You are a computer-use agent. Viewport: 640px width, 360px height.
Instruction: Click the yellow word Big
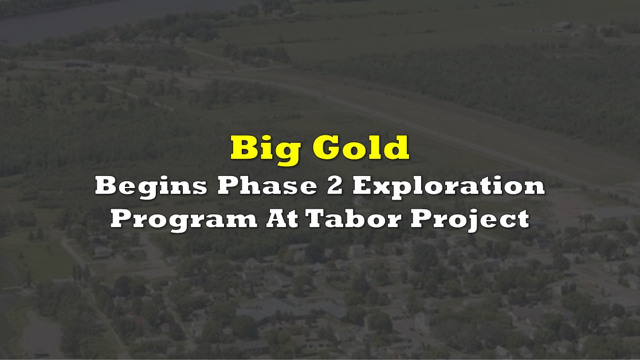[264, 150]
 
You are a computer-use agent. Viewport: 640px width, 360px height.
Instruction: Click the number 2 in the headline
[335, 186]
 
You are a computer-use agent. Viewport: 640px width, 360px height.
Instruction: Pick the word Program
[184, 220]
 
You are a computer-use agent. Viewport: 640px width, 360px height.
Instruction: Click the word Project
[470, 220]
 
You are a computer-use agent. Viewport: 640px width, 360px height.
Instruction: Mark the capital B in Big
[244, 147]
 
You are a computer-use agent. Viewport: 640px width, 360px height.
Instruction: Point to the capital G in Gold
[327, 147]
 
